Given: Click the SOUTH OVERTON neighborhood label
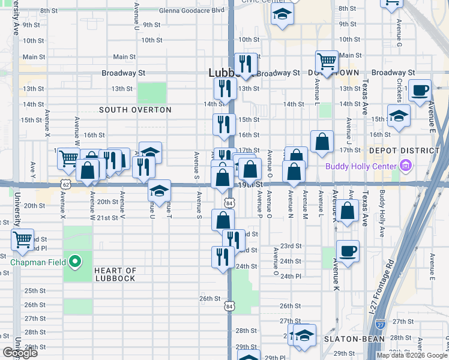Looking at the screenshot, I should [135, 110].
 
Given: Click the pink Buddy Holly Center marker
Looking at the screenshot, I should [406, 166].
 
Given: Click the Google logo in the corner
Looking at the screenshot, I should [20, 353].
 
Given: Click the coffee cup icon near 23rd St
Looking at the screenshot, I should [348, 250].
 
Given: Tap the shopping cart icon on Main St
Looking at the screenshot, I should [327, 61].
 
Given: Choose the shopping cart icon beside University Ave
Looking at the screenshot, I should [22, 240].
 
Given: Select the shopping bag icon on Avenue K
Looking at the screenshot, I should [348, 211].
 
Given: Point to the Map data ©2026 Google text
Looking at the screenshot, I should [411, 355].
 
